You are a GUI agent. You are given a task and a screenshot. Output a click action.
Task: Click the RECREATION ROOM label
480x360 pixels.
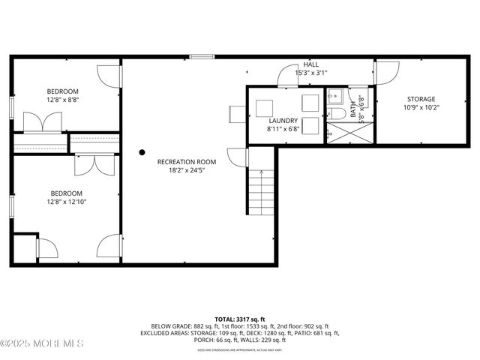click(x=186, y=161)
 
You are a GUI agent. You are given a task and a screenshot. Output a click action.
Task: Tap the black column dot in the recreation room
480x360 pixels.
click(x=142, y=152)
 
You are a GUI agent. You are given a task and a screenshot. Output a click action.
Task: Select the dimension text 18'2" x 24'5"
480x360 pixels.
click(x=186, y=170)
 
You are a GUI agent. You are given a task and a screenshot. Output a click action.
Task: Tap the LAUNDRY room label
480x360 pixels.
click(x=283, y=120)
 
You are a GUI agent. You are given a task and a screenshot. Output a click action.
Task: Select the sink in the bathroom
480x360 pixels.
click(x=334, y=96)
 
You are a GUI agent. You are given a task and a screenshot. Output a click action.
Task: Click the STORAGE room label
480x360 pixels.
click(x=421, y=99)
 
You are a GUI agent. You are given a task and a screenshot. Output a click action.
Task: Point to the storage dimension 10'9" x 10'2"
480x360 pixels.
click(x=421, y=107)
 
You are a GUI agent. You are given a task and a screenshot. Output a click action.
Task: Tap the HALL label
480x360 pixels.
click(x=311, y=64)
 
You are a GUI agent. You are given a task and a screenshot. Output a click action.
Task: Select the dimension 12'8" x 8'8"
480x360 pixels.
click(x=63, y=100)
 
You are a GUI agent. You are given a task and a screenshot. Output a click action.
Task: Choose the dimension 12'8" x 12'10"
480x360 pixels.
click(x=67, y=201)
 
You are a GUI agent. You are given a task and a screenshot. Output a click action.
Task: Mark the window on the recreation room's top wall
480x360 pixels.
click(x=201, y=56)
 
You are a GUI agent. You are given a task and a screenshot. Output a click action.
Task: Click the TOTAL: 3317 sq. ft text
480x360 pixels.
click(x=239, y=319)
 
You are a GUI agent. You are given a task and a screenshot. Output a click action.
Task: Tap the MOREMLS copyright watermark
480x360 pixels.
click(x=42, y=343)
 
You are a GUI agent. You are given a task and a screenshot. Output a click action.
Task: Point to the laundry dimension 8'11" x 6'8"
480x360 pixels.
click(x=283, y=128)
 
